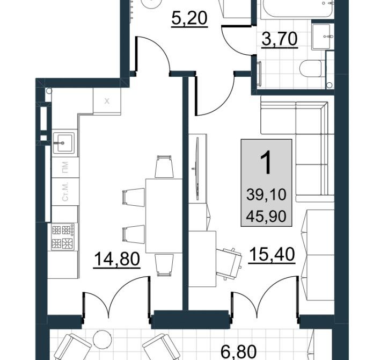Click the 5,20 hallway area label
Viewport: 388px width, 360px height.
click(x=189, y=19)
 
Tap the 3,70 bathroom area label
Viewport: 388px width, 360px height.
click(x=280, y=40)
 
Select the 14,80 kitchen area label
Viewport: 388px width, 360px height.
click(x=117, y=260)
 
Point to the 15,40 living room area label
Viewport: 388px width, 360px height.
click(x=272, y=254)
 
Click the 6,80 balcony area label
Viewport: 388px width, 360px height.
click(x=238, y=352)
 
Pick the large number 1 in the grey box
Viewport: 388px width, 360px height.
click(x=266, y=163)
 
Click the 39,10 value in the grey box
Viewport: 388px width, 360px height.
click(x=266, y=195)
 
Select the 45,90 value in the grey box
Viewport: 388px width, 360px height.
click(x=266, y=217)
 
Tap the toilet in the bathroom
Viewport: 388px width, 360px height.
click(x=311, y=68)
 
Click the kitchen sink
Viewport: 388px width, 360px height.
click(x=63, y=143)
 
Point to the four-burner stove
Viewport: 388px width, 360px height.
click(x=63, y=236)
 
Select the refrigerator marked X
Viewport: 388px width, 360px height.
click(x=107, y=101)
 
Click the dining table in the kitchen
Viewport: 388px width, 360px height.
click(x=164, y=216)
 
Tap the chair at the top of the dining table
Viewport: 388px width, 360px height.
click(x=164, y=167)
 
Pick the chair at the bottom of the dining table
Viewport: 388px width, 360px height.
click(x=164, y=265)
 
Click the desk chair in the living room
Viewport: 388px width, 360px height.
click(x=229, y=263)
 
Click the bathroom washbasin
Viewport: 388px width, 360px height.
click(x=321, y=37)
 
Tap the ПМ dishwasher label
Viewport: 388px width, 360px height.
click(x=65, y=167)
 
